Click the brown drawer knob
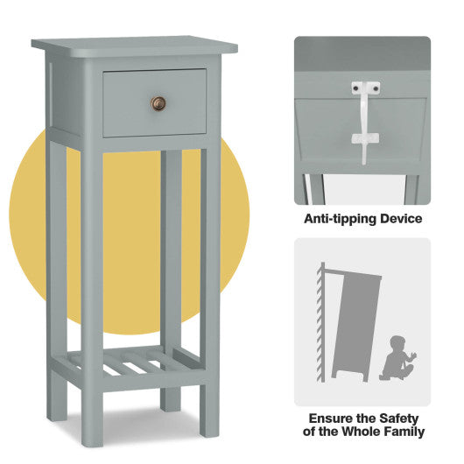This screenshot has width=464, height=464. click(x=158, y=103)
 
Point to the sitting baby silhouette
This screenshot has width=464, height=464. click(x=397, y=356)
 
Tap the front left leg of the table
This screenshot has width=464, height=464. click(x=92, y=289)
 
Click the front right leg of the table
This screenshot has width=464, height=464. click(x=210, y=289)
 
